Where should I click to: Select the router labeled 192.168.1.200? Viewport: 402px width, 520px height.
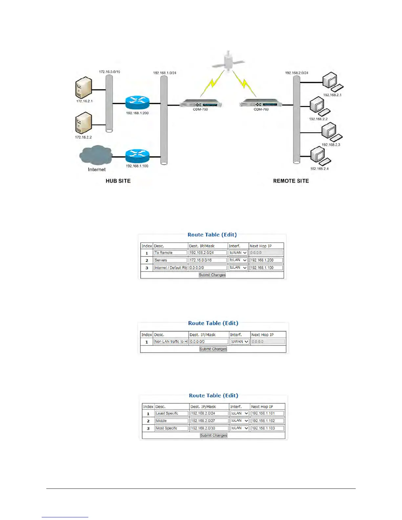(x=137, y=103)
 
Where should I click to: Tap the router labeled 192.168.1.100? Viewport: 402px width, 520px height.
(x=137, y=156)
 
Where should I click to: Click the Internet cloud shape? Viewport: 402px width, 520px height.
(x=96, y=155)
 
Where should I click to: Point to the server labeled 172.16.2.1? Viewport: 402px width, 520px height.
(x=83, y=88)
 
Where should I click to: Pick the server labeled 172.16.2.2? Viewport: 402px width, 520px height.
(x=83, y=124)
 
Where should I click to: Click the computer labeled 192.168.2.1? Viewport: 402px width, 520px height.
(x=331, y=82)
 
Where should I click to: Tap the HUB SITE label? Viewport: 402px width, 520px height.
(x=118, y=181)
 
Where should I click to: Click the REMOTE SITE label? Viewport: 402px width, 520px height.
(x=291, y=181)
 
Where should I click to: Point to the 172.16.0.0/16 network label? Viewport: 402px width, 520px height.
(x=109, y=72)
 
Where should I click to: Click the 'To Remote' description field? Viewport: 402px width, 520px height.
(x=170, y=253)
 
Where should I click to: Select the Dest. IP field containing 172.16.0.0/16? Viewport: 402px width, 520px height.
(x=208, y=260)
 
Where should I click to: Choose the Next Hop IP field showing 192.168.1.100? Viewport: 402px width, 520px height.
(x=266, y=268)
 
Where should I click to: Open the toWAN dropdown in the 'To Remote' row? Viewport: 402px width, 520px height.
(x=238, y=253)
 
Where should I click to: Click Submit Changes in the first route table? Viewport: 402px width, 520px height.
(x=212, y=275)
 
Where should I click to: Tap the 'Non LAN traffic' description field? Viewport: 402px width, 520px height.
(x=171, y=342)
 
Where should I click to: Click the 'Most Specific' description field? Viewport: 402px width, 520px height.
(x=172, y=428)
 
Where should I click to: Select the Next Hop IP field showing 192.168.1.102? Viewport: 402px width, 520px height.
(x=267, y=421)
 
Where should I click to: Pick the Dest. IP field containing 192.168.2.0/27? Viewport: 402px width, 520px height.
(x=209, y=421)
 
